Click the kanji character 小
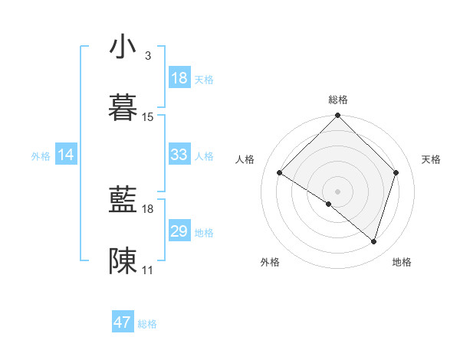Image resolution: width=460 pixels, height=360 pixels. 123,48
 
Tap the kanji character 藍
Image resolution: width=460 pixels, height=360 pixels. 123,201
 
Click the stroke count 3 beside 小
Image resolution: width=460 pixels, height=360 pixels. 148,56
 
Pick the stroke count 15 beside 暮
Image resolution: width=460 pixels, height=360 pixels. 148,117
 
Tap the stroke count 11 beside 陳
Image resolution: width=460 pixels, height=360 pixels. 148,270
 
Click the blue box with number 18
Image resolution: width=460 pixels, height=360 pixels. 179,78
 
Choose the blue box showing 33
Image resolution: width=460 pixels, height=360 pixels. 179,155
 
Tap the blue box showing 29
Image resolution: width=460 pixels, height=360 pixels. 179,231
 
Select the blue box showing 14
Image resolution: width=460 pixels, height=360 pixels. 66,155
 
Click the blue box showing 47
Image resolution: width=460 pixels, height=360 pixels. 123,322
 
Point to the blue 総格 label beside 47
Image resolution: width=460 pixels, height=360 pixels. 147,324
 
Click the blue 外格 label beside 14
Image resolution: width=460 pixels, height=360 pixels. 41,156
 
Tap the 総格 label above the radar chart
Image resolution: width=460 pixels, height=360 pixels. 338,100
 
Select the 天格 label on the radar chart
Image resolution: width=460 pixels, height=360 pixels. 432,159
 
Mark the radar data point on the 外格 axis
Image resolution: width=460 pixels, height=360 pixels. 329,204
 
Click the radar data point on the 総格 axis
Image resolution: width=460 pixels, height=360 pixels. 338,116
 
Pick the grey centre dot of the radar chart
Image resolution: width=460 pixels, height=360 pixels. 338,191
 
